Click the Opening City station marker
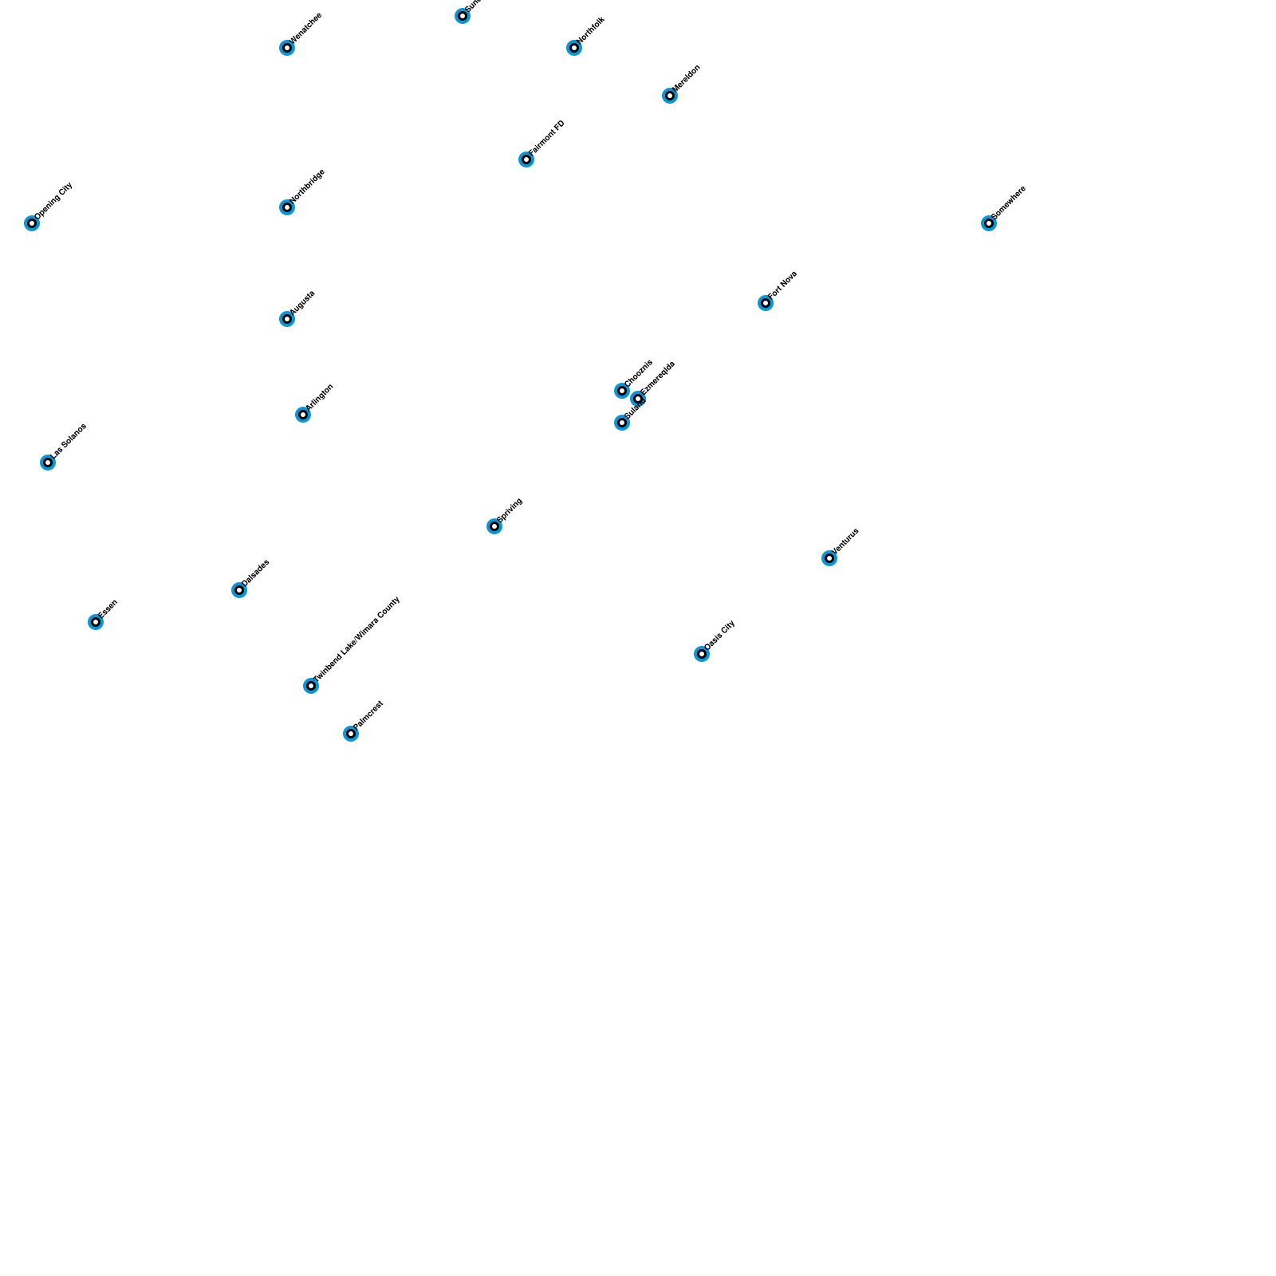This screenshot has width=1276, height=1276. click(x=32, y=223)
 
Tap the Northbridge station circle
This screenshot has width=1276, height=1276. click(x=287, y=207)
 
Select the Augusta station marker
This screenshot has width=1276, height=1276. click(x=287, y=319)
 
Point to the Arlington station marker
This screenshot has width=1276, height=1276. click(x=303, y=415)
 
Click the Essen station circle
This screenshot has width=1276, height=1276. click(x=96, y=622)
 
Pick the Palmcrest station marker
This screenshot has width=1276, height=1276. click(x=351, y=734)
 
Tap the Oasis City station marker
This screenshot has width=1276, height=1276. click(x=702, y=654)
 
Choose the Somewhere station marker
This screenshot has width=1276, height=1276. click(x=989, y=223)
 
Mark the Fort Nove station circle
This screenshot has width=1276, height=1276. click(x=766, y=303)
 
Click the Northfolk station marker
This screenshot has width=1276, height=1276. click(x=574, y=48)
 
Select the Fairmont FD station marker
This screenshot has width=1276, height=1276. click(x=526, y=159)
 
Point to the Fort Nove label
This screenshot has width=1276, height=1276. click(x=783, y=285)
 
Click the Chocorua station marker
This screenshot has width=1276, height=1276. click(x=622, y=391)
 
